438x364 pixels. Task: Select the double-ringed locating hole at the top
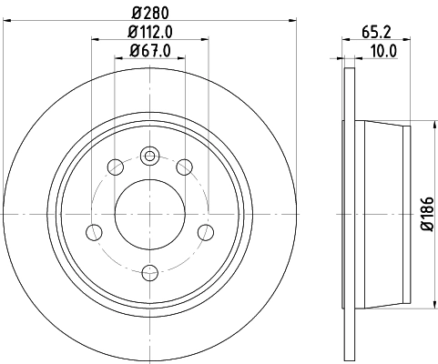[150, 155]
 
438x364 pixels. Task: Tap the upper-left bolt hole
[116, 167]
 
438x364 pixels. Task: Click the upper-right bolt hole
[185, 167]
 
